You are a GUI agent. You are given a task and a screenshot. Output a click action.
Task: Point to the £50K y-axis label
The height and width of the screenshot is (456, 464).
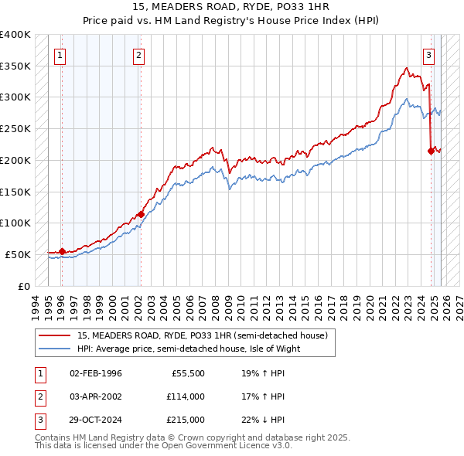19,254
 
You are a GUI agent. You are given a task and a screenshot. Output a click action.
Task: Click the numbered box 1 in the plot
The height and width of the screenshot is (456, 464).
60,55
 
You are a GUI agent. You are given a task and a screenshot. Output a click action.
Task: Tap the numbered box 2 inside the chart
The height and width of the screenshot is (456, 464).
138,55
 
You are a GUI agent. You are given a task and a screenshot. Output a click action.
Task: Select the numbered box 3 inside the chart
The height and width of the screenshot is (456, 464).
428,55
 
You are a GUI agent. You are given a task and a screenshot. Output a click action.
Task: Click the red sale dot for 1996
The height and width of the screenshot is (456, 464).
62,251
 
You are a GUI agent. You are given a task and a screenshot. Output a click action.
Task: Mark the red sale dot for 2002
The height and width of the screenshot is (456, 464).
141,214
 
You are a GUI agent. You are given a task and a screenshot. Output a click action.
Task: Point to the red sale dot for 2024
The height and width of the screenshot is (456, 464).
431,151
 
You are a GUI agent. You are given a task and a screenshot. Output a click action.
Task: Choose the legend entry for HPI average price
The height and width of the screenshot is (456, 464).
188,349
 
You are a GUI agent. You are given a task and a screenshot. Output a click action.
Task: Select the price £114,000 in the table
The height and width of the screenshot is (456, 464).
186,396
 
